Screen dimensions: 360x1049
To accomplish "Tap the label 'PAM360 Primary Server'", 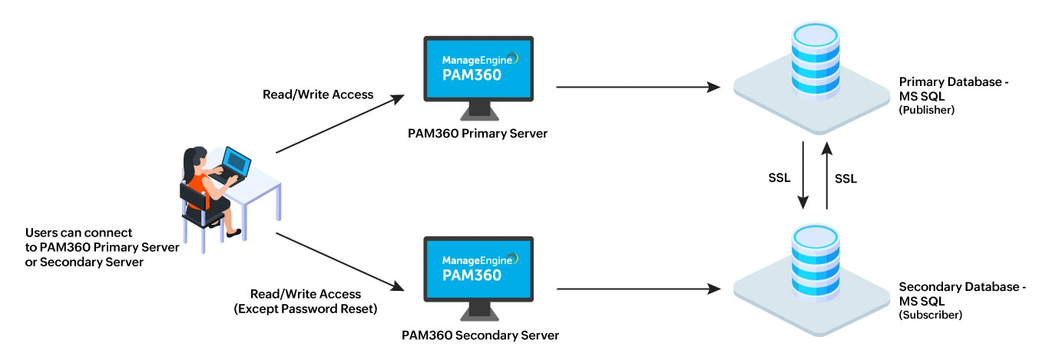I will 477,134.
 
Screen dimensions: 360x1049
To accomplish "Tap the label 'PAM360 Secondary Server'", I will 480,335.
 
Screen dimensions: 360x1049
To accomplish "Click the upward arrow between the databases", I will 826,175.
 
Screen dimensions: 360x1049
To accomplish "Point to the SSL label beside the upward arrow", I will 845,178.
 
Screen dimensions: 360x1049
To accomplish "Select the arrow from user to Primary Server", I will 339,124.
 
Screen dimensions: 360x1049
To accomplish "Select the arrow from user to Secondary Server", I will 339,261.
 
